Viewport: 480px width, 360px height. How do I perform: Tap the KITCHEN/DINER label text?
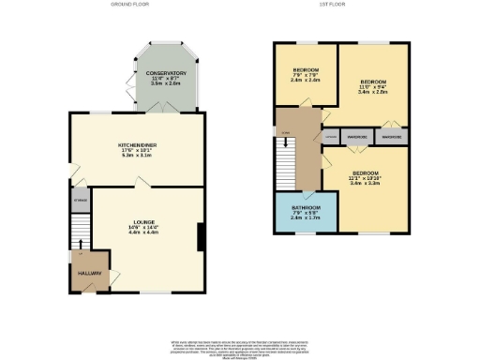137,145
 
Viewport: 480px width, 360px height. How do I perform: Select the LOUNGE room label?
142,221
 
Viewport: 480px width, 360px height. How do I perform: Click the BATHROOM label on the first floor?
307,207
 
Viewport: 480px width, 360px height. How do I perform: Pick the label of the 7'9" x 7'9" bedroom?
306,70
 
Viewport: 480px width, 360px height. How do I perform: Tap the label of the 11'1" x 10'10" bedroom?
366,172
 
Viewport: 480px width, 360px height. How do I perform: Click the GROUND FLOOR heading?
130,5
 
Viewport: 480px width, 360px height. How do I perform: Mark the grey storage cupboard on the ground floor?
81,200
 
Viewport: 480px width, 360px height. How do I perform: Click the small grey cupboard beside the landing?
329,137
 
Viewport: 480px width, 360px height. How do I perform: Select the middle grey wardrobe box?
355,137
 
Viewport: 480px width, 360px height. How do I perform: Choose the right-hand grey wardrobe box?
393,137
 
